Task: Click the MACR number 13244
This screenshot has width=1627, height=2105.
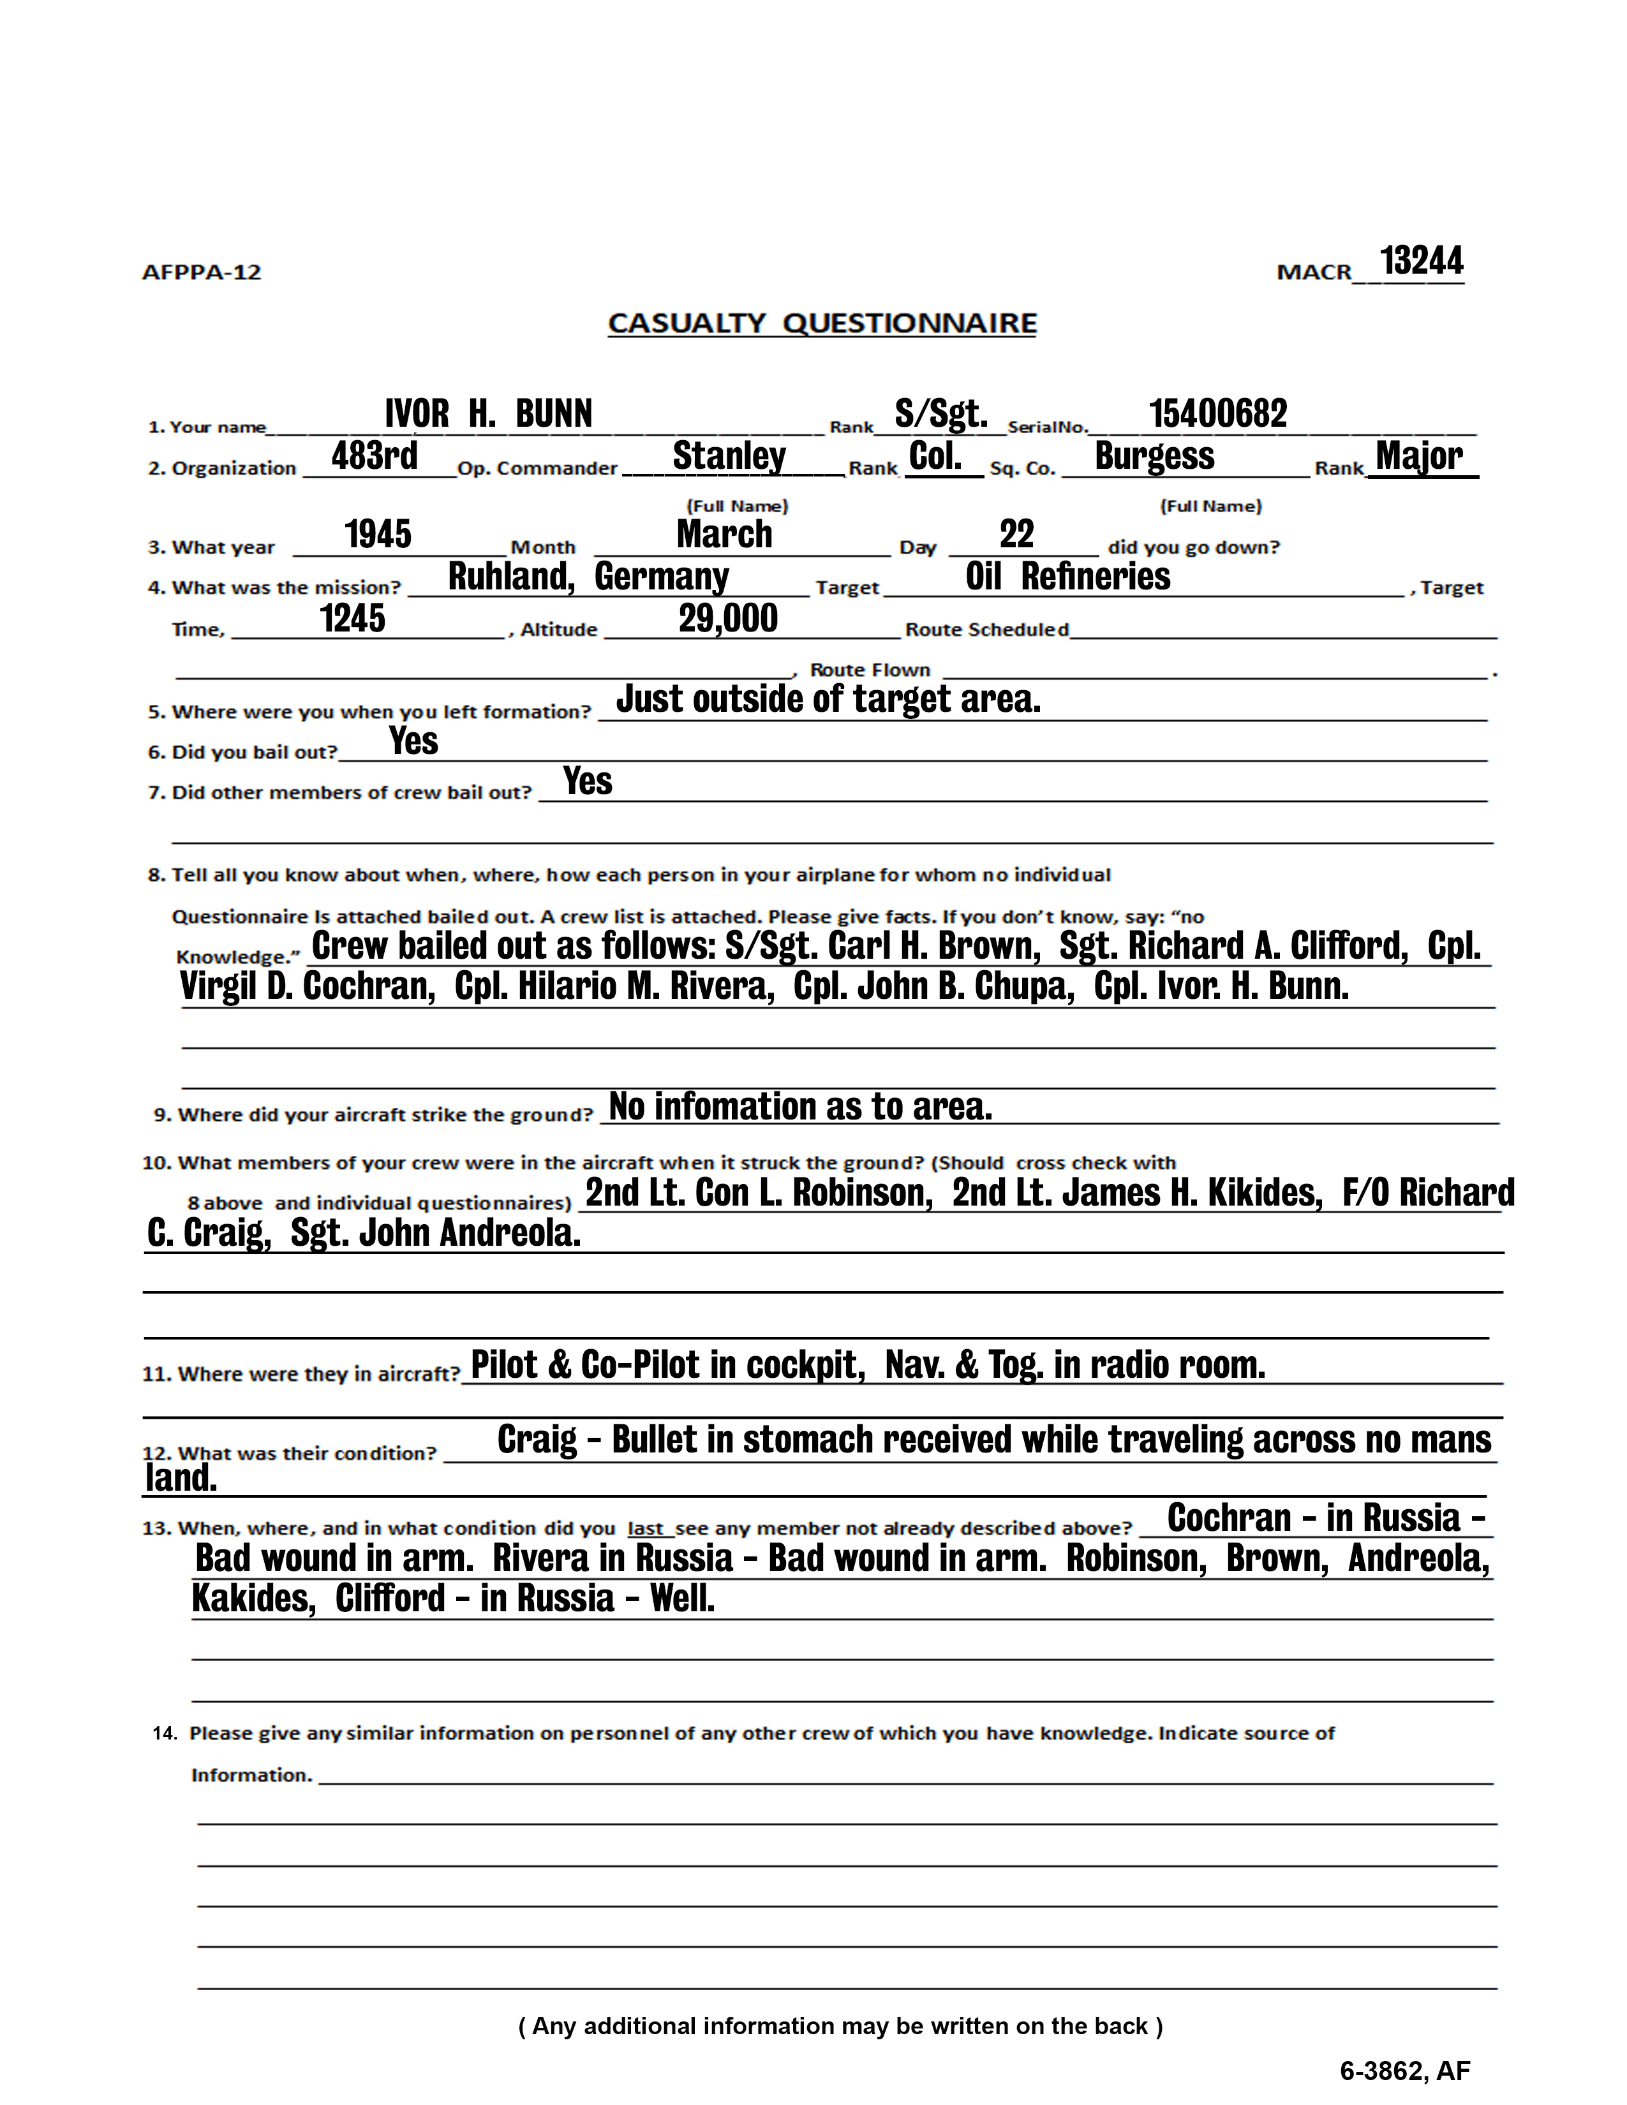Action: [x=1421, y=260]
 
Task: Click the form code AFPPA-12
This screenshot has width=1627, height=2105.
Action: [x=202, y=273]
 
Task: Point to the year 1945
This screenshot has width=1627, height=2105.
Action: [x=378, y=534]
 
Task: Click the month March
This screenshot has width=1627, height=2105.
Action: [x=724, y=534]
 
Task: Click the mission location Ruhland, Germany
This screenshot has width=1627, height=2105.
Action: [x=588, y=577]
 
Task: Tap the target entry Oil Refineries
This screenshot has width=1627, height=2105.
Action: [x=1068, y=577]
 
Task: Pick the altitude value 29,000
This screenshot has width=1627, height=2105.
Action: [x=728, y=618]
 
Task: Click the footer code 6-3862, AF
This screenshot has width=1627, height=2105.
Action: [x=1404, y=2071]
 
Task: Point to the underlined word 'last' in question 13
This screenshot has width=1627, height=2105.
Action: [x=645, y=1528]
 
